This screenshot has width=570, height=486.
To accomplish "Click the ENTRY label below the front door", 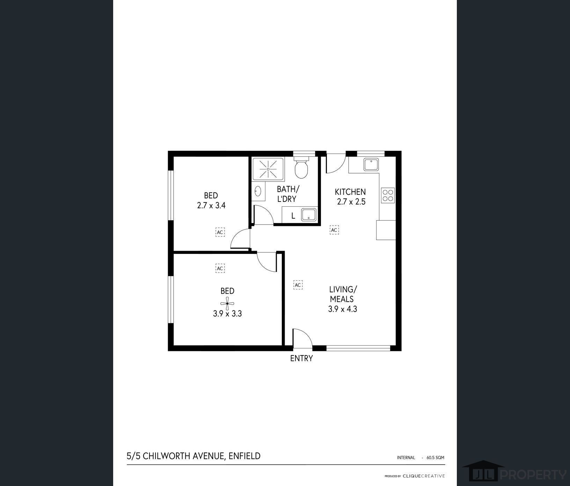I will click(301, 358).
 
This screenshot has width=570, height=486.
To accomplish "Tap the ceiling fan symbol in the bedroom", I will click(227, 303).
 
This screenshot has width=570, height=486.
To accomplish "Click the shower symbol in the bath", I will click(268, 169).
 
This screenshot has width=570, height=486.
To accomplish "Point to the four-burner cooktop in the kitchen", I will click(388, 195).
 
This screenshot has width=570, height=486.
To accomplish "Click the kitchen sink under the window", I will click(371, 164).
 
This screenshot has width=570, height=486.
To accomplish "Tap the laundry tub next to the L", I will click(309, 215).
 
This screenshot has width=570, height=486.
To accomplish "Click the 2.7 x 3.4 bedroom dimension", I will click(211, 205).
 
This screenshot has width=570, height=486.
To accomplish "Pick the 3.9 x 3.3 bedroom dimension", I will click(227, 314).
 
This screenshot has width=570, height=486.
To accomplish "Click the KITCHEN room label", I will click(350, 192).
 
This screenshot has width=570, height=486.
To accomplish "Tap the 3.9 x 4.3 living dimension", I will click(342, 309).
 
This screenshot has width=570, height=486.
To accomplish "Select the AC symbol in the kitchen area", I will click(334, 230).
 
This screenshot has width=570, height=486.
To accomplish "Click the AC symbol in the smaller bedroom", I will click(220, 232).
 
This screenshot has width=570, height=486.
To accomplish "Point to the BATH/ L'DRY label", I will click(287, 194).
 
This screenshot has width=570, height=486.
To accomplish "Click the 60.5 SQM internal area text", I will click(435, 457).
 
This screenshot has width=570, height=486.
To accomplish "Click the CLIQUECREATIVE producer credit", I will click(424, 476).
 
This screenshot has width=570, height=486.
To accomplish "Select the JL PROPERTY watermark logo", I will click(513, 474).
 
